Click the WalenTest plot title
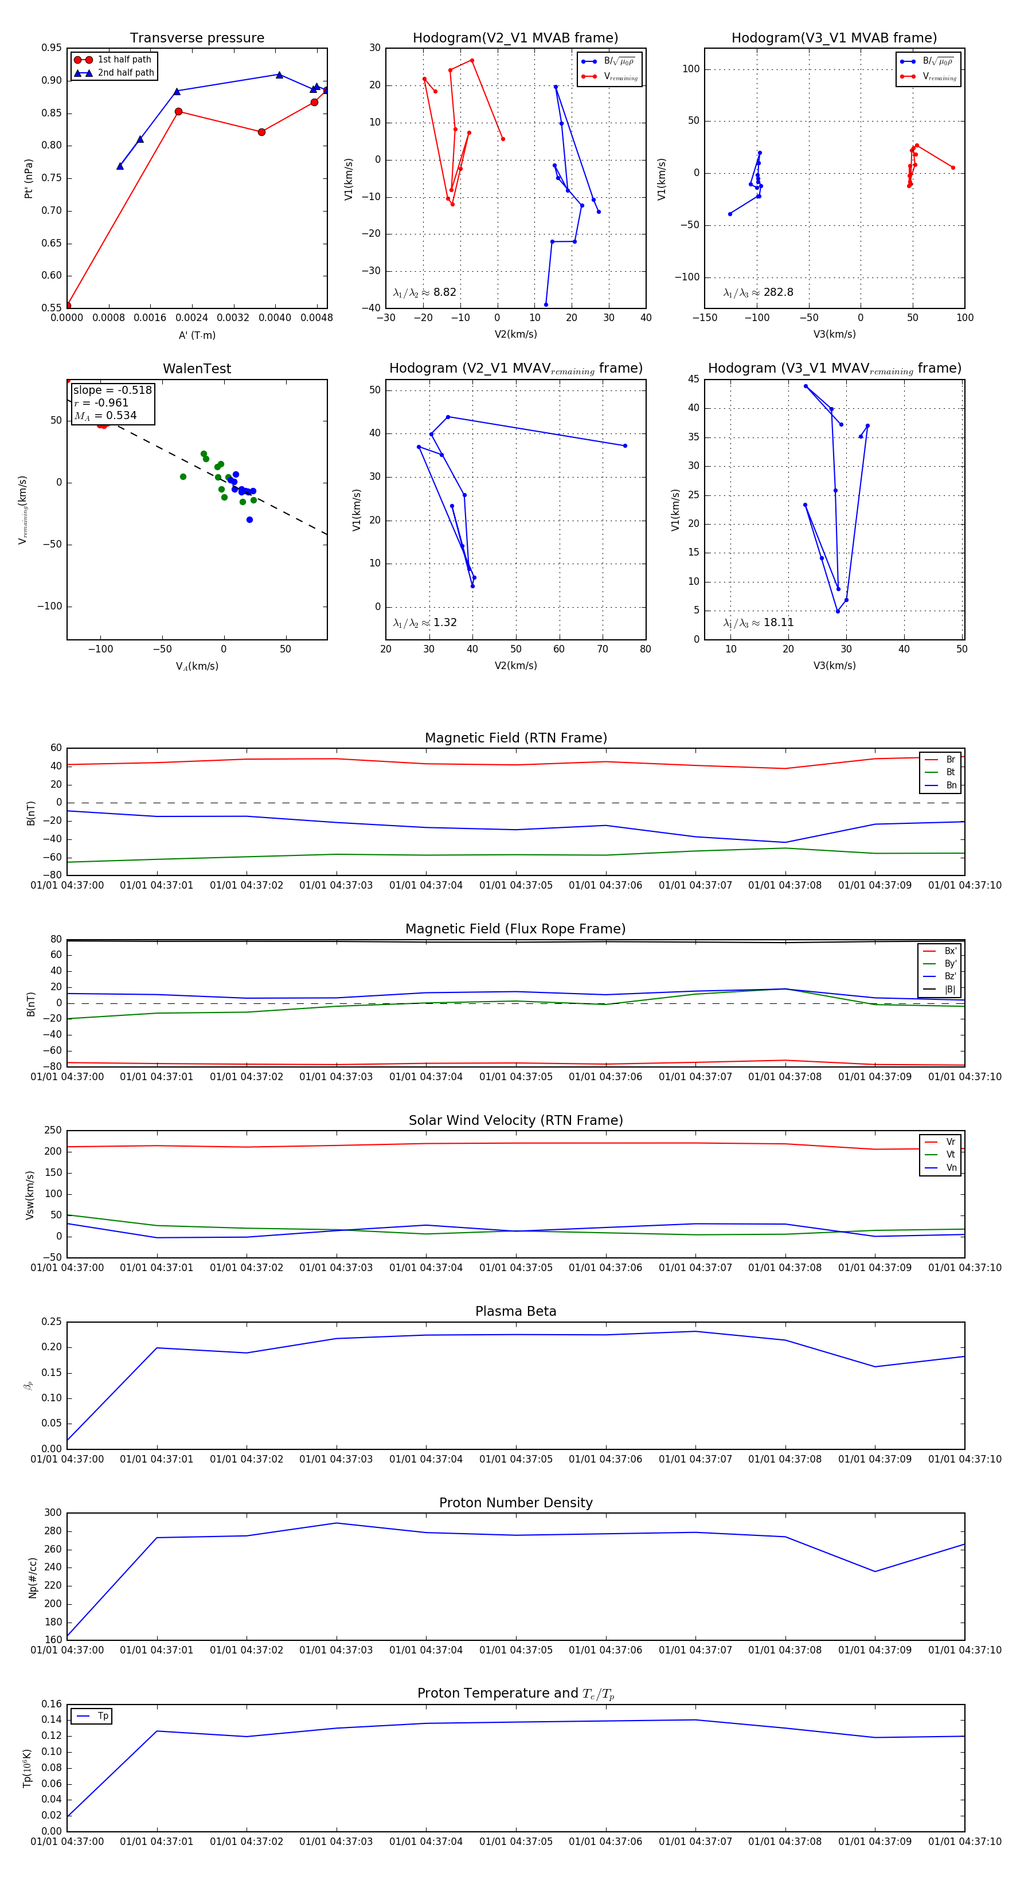click(x=197, y=369)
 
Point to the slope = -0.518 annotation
click(x=112, y=390)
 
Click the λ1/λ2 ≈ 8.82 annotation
click(x=424, y=292)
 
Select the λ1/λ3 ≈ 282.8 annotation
click(x=758, y=292)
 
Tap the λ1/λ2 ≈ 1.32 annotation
click(x=424, y=623)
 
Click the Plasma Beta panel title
click(x=515, y=1311)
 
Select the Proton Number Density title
click(x=515, y=1502)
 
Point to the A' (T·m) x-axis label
click(x=197, y=335)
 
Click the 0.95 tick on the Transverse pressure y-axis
click(x=52, y=48)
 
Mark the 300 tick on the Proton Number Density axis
click(x=53, y=1512)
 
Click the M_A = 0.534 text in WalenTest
click(x=105, y=416)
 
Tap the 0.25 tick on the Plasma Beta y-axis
click(x=52, y=1322)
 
